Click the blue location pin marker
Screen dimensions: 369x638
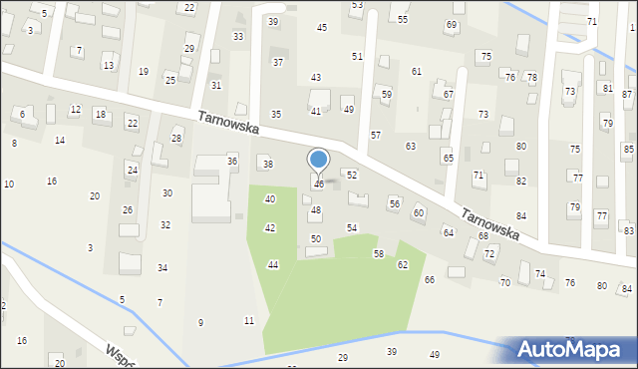pyautogui.click(x=319, y=161)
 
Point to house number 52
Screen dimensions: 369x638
pyautogui.click(x=352, y=175)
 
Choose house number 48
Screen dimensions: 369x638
pyautogui.click(x=316, y=210)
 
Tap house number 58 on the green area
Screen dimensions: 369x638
pyautogui.click(x=379, y=254)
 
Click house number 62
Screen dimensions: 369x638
pyautogui.click(x=403, y=264)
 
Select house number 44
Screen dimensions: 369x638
pyautogui.click(x=273, y=264)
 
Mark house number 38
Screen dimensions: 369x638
pyautogui.click(x=267, y=164)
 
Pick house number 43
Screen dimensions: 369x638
pyautogui.click(x=316, y=77)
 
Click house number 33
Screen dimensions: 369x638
pyautogui.click(x=238, y=36)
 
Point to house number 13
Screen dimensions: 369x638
pyautogui.click(x=108, y=66)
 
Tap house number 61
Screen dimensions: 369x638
pyautogui.click(x=417, y=71)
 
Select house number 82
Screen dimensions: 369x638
pyautogui.click(x=521, y=181)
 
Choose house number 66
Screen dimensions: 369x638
pyautogui.click(x=430, y=280)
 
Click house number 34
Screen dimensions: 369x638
pyautogui.click(x=162, y=267)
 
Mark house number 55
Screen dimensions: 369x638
pyautogui.click(x=403, y=19)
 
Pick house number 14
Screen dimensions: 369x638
pyautogui.click(x=60, y=141)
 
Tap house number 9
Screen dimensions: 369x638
pyautogui.click(x=200, y=322)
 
